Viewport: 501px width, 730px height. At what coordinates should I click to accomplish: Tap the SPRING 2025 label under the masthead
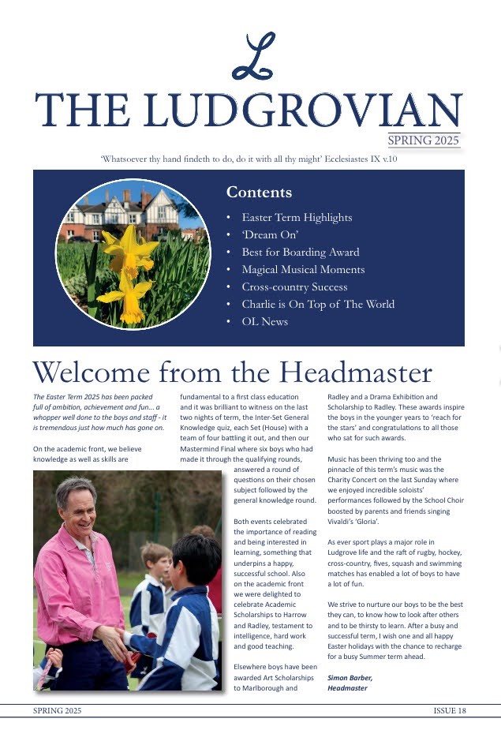coord(424,140)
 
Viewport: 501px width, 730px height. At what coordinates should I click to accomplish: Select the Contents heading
coord(259,193)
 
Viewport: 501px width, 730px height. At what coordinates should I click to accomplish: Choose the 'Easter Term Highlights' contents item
coord(297,218)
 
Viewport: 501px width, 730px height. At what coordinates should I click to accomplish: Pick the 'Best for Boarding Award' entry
coord(300,253)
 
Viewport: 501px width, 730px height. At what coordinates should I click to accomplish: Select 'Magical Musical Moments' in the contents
coord(303,270)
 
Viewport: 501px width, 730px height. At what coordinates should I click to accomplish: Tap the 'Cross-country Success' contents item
coord(294,287)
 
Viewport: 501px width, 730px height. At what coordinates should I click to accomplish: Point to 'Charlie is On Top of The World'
coord(318,305)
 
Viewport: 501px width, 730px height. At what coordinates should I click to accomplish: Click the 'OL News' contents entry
coord(264,322)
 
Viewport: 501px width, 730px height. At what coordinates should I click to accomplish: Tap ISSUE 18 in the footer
coord(450,711)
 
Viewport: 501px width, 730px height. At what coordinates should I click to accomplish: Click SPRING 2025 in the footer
coord(57,711)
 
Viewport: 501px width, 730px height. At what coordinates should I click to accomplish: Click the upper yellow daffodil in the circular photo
coord(130,245)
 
